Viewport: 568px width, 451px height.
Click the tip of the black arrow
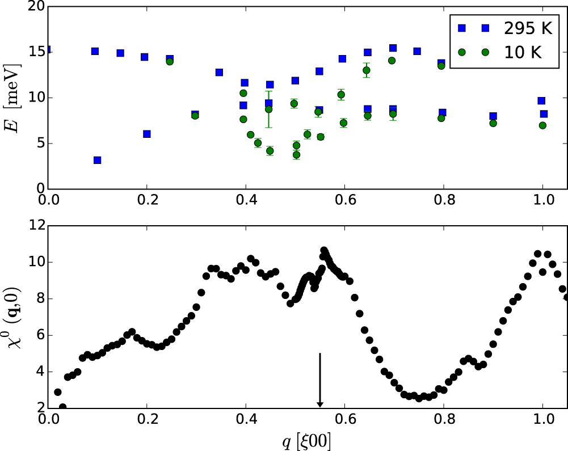(x=320, y=406)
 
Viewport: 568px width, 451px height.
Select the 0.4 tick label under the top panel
(x=246, y=201)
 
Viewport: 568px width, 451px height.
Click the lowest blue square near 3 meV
(x=98, y=161)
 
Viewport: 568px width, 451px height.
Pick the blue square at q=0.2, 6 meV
(x=147, y=134)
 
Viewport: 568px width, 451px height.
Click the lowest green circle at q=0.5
(x=296, y=155)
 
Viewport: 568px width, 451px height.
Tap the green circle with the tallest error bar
(x=269, y=109)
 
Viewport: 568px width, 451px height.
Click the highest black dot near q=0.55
(x=324, y=250)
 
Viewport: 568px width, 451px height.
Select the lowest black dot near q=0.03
(x=62, y=407)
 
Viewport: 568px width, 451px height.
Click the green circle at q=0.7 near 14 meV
(x=392, y=61)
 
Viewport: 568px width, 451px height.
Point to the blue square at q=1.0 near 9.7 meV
(x=542, y=100)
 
